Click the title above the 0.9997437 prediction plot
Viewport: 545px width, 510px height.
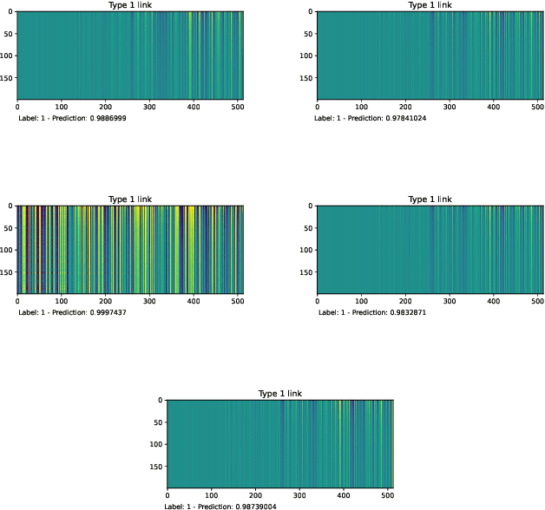click(129, 199)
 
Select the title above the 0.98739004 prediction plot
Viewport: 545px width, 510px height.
click(279, 394)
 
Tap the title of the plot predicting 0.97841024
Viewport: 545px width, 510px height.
click(430, 5)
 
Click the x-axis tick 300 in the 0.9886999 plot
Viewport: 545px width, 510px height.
click(149, 108)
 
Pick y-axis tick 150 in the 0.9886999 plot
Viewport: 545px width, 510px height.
click(8, 78)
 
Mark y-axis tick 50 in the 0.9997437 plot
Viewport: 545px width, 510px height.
click(10, 228)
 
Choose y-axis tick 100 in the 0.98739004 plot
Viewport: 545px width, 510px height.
click(158, 444)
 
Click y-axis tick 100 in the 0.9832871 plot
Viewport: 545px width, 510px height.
click(308, 250)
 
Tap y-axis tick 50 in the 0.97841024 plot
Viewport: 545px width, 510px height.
click(310, 34)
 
